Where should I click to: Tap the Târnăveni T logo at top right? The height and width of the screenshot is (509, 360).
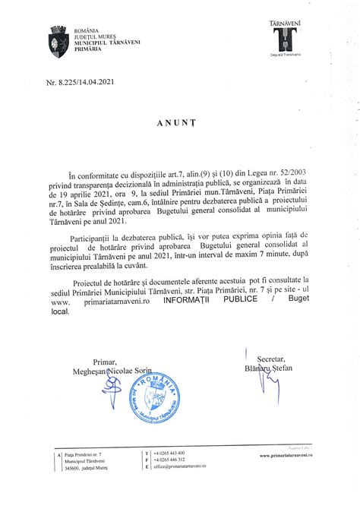coord(283,40)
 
